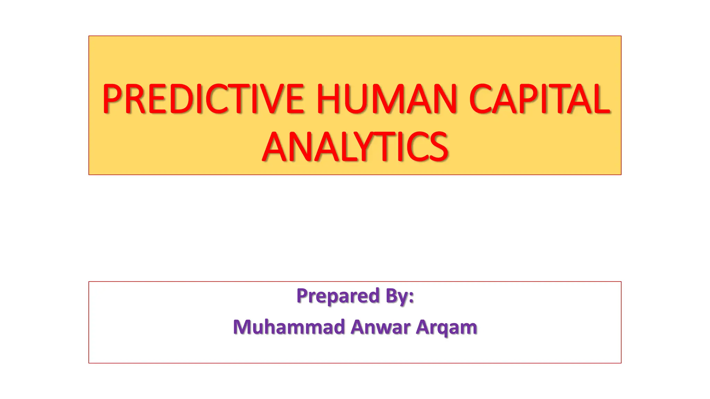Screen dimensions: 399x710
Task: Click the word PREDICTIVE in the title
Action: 203,99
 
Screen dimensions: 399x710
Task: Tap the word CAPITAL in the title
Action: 539,99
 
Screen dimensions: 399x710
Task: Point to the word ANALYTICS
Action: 355,147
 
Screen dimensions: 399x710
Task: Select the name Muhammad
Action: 289,327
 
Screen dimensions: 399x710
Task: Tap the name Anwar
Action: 380,327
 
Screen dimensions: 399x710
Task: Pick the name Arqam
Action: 447,328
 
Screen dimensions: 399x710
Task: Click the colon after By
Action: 411,297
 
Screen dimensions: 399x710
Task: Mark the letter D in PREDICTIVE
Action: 181,99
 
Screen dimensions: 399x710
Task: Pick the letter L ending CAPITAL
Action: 601,99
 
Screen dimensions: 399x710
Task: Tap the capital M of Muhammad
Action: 243,327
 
